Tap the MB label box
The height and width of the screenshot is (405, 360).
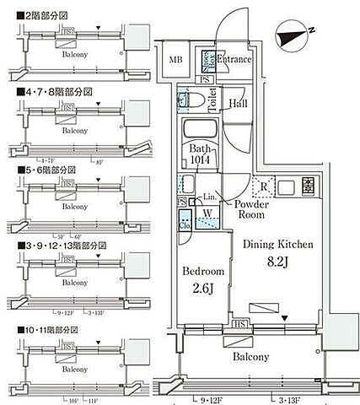tap(175, 60)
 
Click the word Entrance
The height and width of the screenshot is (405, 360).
tap(234, 59)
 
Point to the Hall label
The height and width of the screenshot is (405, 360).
tap(237, 104)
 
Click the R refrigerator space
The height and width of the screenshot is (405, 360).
tap(264, 186)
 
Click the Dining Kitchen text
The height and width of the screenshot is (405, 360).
tap(278, 245)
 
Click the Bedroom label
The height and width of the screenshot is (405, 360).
tap(203, 272)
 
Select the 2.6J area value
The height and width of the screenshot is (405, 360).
tap(203, 292)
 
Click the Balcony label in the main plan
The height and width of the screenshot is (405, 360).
tap(251, 357)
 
